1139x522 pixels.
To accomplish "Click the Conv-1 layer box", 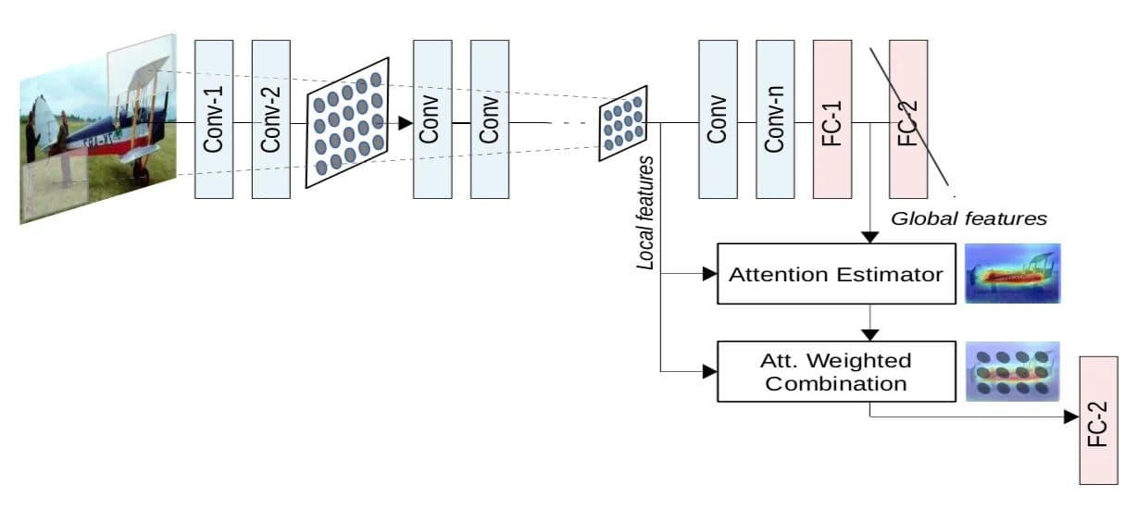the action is (x=214, y=119).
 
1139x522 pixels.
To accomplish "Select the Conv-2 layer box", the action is (x=271, y=119).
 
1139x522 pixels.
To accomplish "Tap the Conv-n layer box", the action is (x=775, y=119).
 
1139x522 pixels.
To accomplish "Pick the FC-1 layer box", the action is (x=832, y=119).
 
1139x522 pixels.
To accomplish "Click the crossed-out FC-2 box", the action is (x=908, y=119).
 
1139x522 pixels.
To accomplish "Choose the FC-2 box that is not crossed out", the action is (x=1099, y=420).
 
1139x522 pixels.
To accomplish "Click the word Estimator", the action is (x=889, y=275).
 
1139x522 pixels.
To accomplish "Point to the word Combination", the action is (x=836, y=384).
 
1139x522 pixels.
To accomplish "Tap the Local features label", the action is (x=645, y=213).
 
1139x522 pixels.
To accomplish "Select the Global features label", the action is (x=969, y=218).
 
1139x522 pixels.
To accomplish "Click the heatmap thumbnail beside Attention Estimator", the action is (x=1013, y=273).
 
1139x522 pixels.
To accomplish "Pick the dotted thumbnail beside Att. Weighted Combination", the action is (x=1013, y=371).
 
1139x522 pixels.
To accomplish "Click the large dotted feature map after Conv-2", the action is (x=348, y=123).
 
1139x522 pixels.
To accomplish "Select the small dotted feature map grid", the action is (x=623, y=123).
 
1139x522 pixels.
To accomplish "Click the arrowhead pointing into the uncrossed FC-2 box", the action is (x=1071, y=417).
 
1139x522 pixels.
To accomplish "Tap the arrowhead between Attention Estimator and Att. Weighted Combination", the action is (x=870, y=335).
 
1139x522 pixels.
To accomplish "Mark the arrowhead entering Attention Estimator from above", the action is (x=870, y=237).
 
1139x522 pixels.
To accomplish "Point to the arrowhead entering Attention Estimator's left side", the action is (x=710, y=274).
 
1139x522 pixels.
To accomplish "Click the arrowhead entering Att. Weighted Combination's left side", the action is (x=710, y=371).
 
